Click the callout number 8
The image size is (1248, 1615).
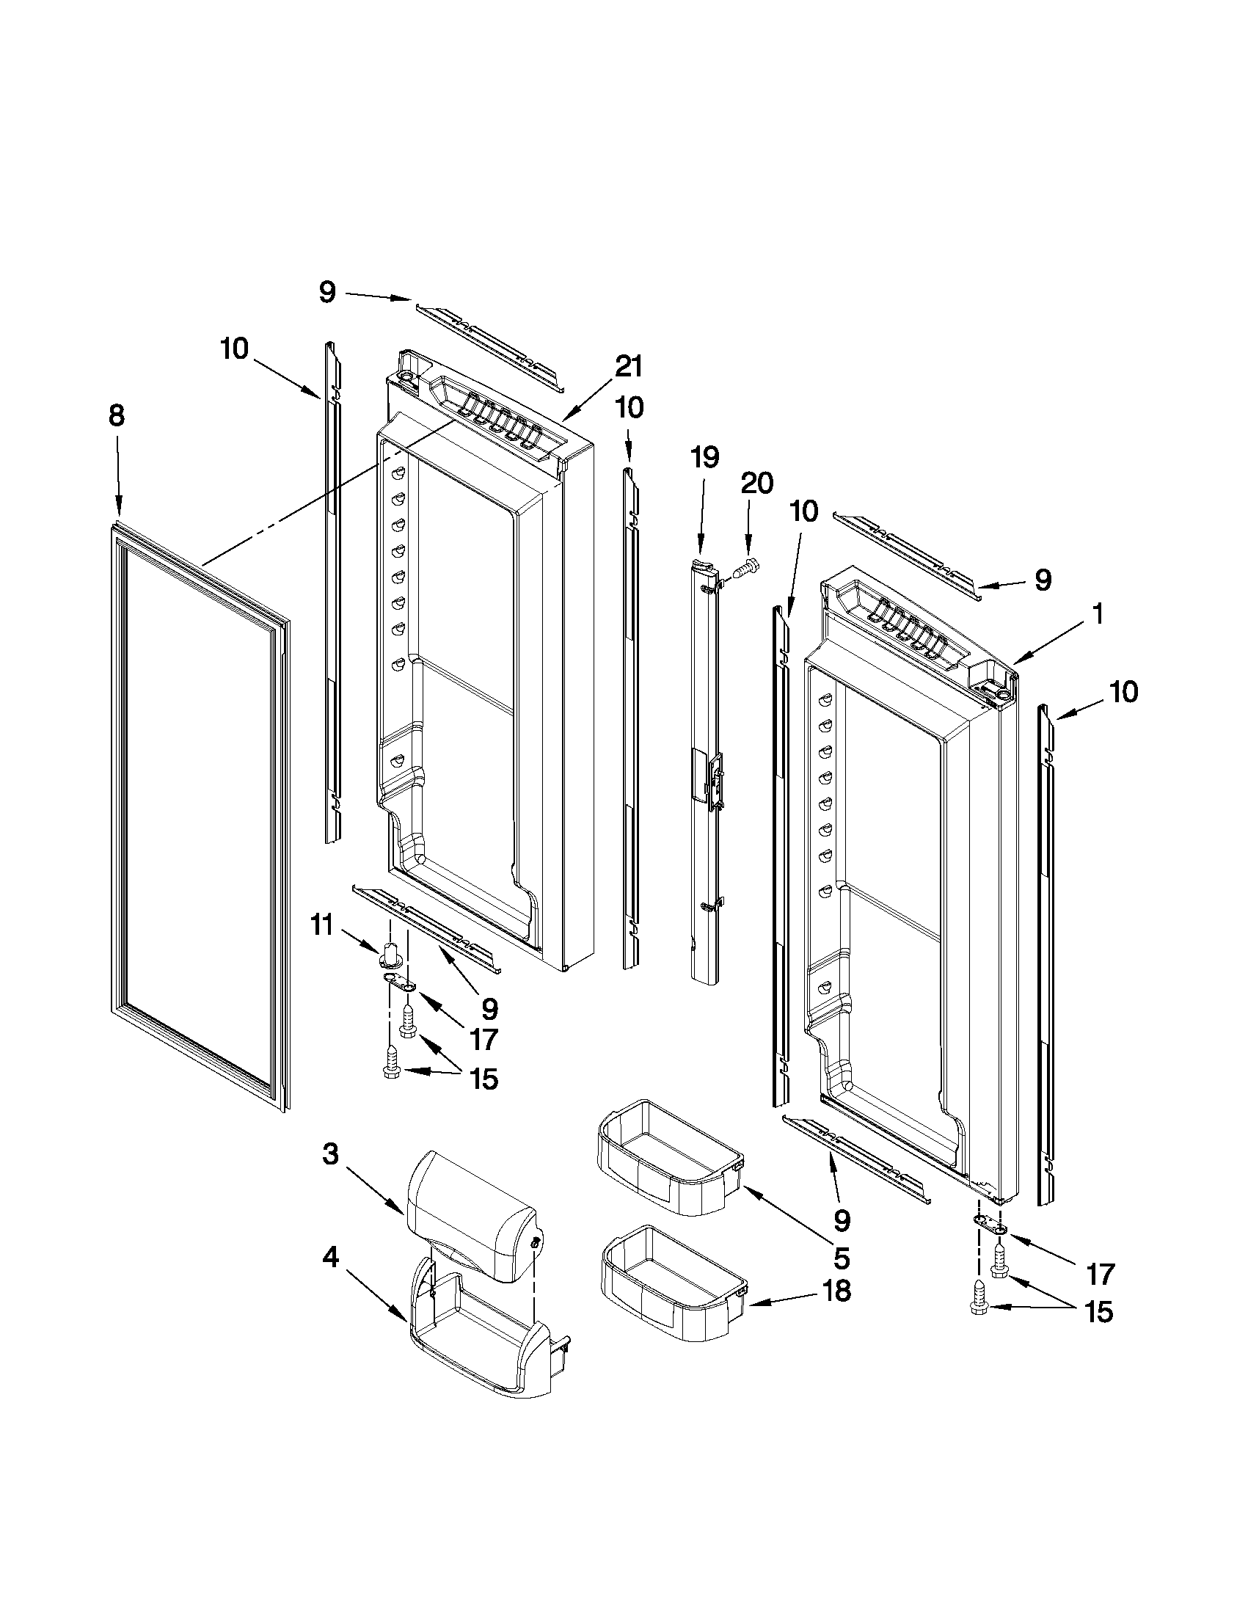point(117,417)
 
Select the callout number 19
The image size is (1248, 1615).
point(704,458)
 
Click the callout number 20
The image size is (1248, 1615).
point(756,484)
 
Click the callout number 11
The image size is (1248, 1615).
point(321,925)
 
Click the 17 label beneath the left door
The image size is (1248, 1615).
point(483,1039)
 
